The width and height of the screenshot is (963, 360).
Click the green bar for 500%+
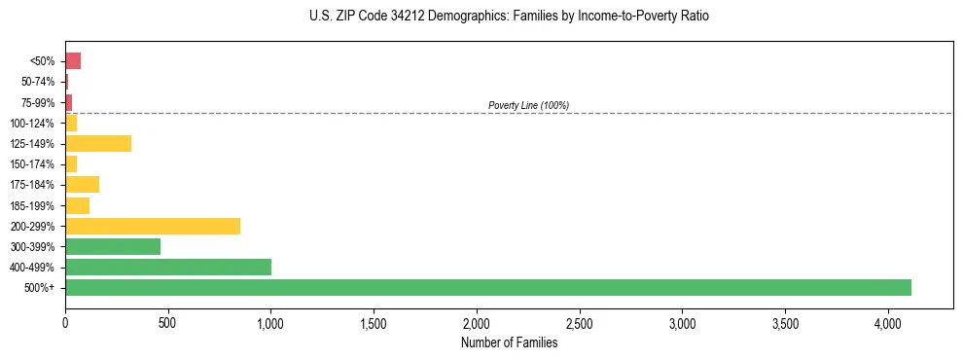point(487,287)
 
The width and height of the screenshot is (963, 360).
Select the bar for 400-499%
point(168,267)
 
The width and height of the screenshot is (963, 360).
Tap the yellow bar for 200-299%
point(153,226)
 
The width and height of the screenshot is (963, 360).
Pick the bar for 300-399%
point(113,246)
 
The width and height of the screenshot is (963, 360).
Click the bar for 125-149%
point(98,143)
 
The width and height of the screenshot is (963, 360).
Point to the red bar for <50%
point(73,61)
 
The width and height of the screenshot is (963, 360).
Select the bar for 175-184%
point(83,184)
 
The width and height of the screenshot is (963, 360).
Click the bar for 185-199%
point(78,205)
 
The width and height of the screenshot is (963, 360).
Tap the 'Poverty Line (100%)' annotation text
point(528,105)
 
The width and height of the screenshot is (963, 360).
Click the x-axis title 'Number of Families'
point(509,342)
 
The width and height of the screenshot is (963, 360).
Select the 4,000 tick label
point(888,323)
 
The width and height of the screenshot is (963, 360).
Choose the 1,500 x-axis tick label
point(374,323)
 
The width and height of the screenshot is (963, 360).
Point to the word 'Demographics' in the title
point(449,17)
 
